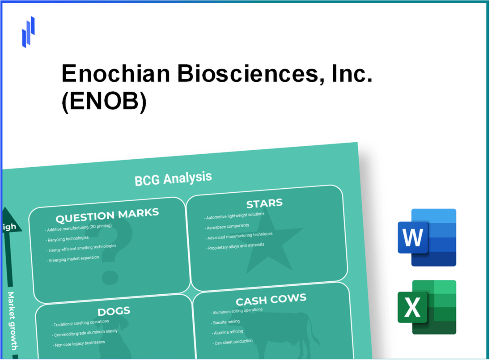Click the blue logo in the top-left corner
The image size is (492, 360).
[x=29, y=32]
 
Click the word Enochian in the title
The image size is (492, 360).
[x=115, y=73]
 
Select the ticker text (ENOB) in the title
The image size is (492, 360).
[x=104, y=102]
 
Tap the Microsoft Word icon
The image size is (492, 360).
[x=427, y=237]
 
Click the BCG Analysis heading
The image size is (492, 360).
[x=173, y=178]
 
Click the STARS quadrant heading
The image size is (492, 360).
[x=264, y=204]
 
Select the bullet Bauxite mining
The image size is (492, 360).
[x=226, y=322]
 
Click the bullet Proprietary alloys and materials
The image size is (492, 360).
[x=236, y=246]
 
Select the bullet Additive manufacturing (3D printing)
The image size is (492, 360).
[x=79, y=228]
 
